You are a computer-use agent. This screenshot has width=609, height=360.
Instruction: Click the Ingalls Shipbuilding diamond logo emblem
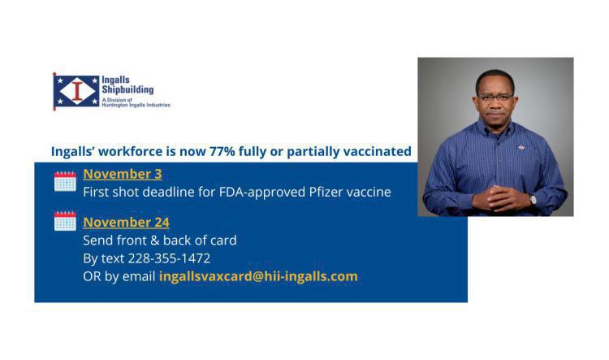point(76,91)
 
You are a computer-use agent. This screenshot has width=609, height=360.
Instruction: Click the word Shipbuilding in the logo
point(128,89)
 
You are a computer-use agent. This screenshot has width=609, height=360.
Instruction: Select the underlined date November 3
point(122,174)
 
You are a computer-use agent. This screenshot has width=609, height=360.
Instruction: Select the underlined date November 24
point(126,222)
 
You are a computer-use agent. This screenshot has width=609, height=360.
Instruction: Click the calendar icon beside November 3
point(65,180)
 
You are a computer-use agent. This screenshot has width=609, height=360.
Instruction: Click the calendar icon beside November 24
point(65,221)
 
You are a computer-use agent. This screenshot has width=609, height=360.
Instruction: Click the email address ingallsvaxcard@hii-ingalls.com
point(258,276)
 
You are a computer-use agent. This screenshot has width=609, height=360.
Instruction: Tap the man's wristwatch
point(533,198)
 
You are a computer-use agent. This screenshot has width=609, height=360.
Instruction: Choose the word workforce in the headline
point(129,151)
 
